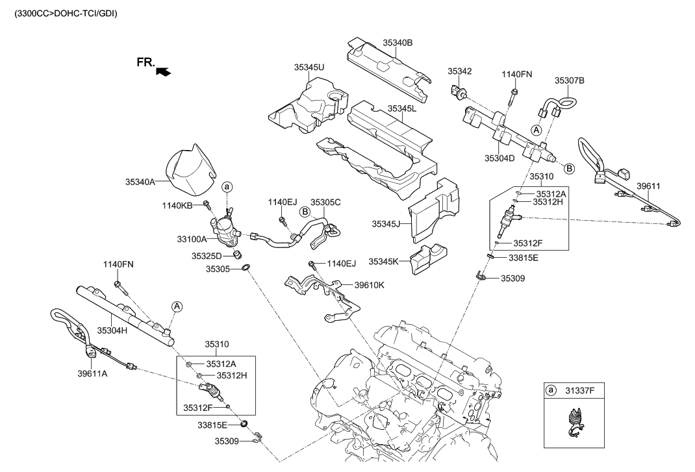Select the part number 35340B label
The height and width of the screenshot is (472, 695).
398,43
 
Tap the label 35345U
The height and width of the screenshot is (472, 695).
309,67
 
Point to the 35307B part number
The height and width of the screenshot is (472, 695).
570,81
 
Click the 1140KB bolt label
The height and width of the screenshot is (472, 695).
177,205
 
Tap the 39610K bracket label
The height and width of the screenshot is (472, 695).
369,284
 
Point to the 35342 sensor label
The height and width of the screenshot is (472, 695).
459,71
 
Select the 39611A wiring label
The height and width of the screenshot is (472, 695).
92,373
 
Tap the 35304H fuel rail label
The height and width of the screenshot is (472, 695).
112,330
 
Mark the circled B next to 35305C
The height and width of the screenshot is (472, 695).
304,211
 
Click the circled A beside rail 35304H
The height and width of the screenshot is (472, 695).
176,306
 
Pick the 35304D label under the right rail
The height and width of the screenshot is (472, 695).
499,158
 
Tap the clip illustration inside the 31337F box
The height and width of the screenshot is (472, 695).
574,425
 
